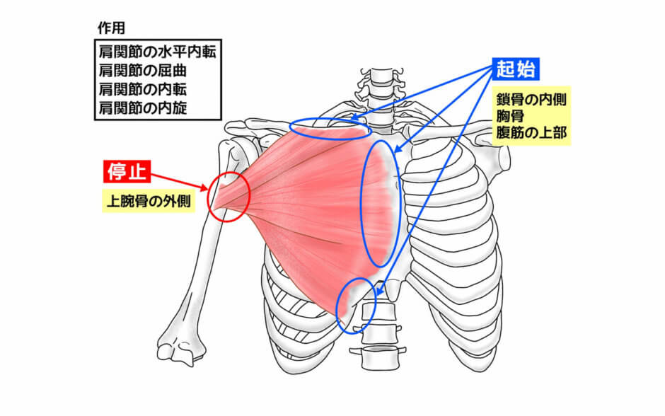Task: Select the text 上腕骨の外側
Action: [x=147, y=201]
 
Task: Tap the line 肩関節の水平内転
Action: [x=153, y=52]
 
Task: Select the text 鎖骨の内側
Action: [x=530, y=98]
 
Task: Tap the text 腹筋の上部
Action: [x=530, y=132]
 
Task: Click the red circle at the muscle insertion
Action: [x=229, y=196]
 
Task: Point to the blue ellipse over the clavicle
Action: [x=330, y=129]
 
